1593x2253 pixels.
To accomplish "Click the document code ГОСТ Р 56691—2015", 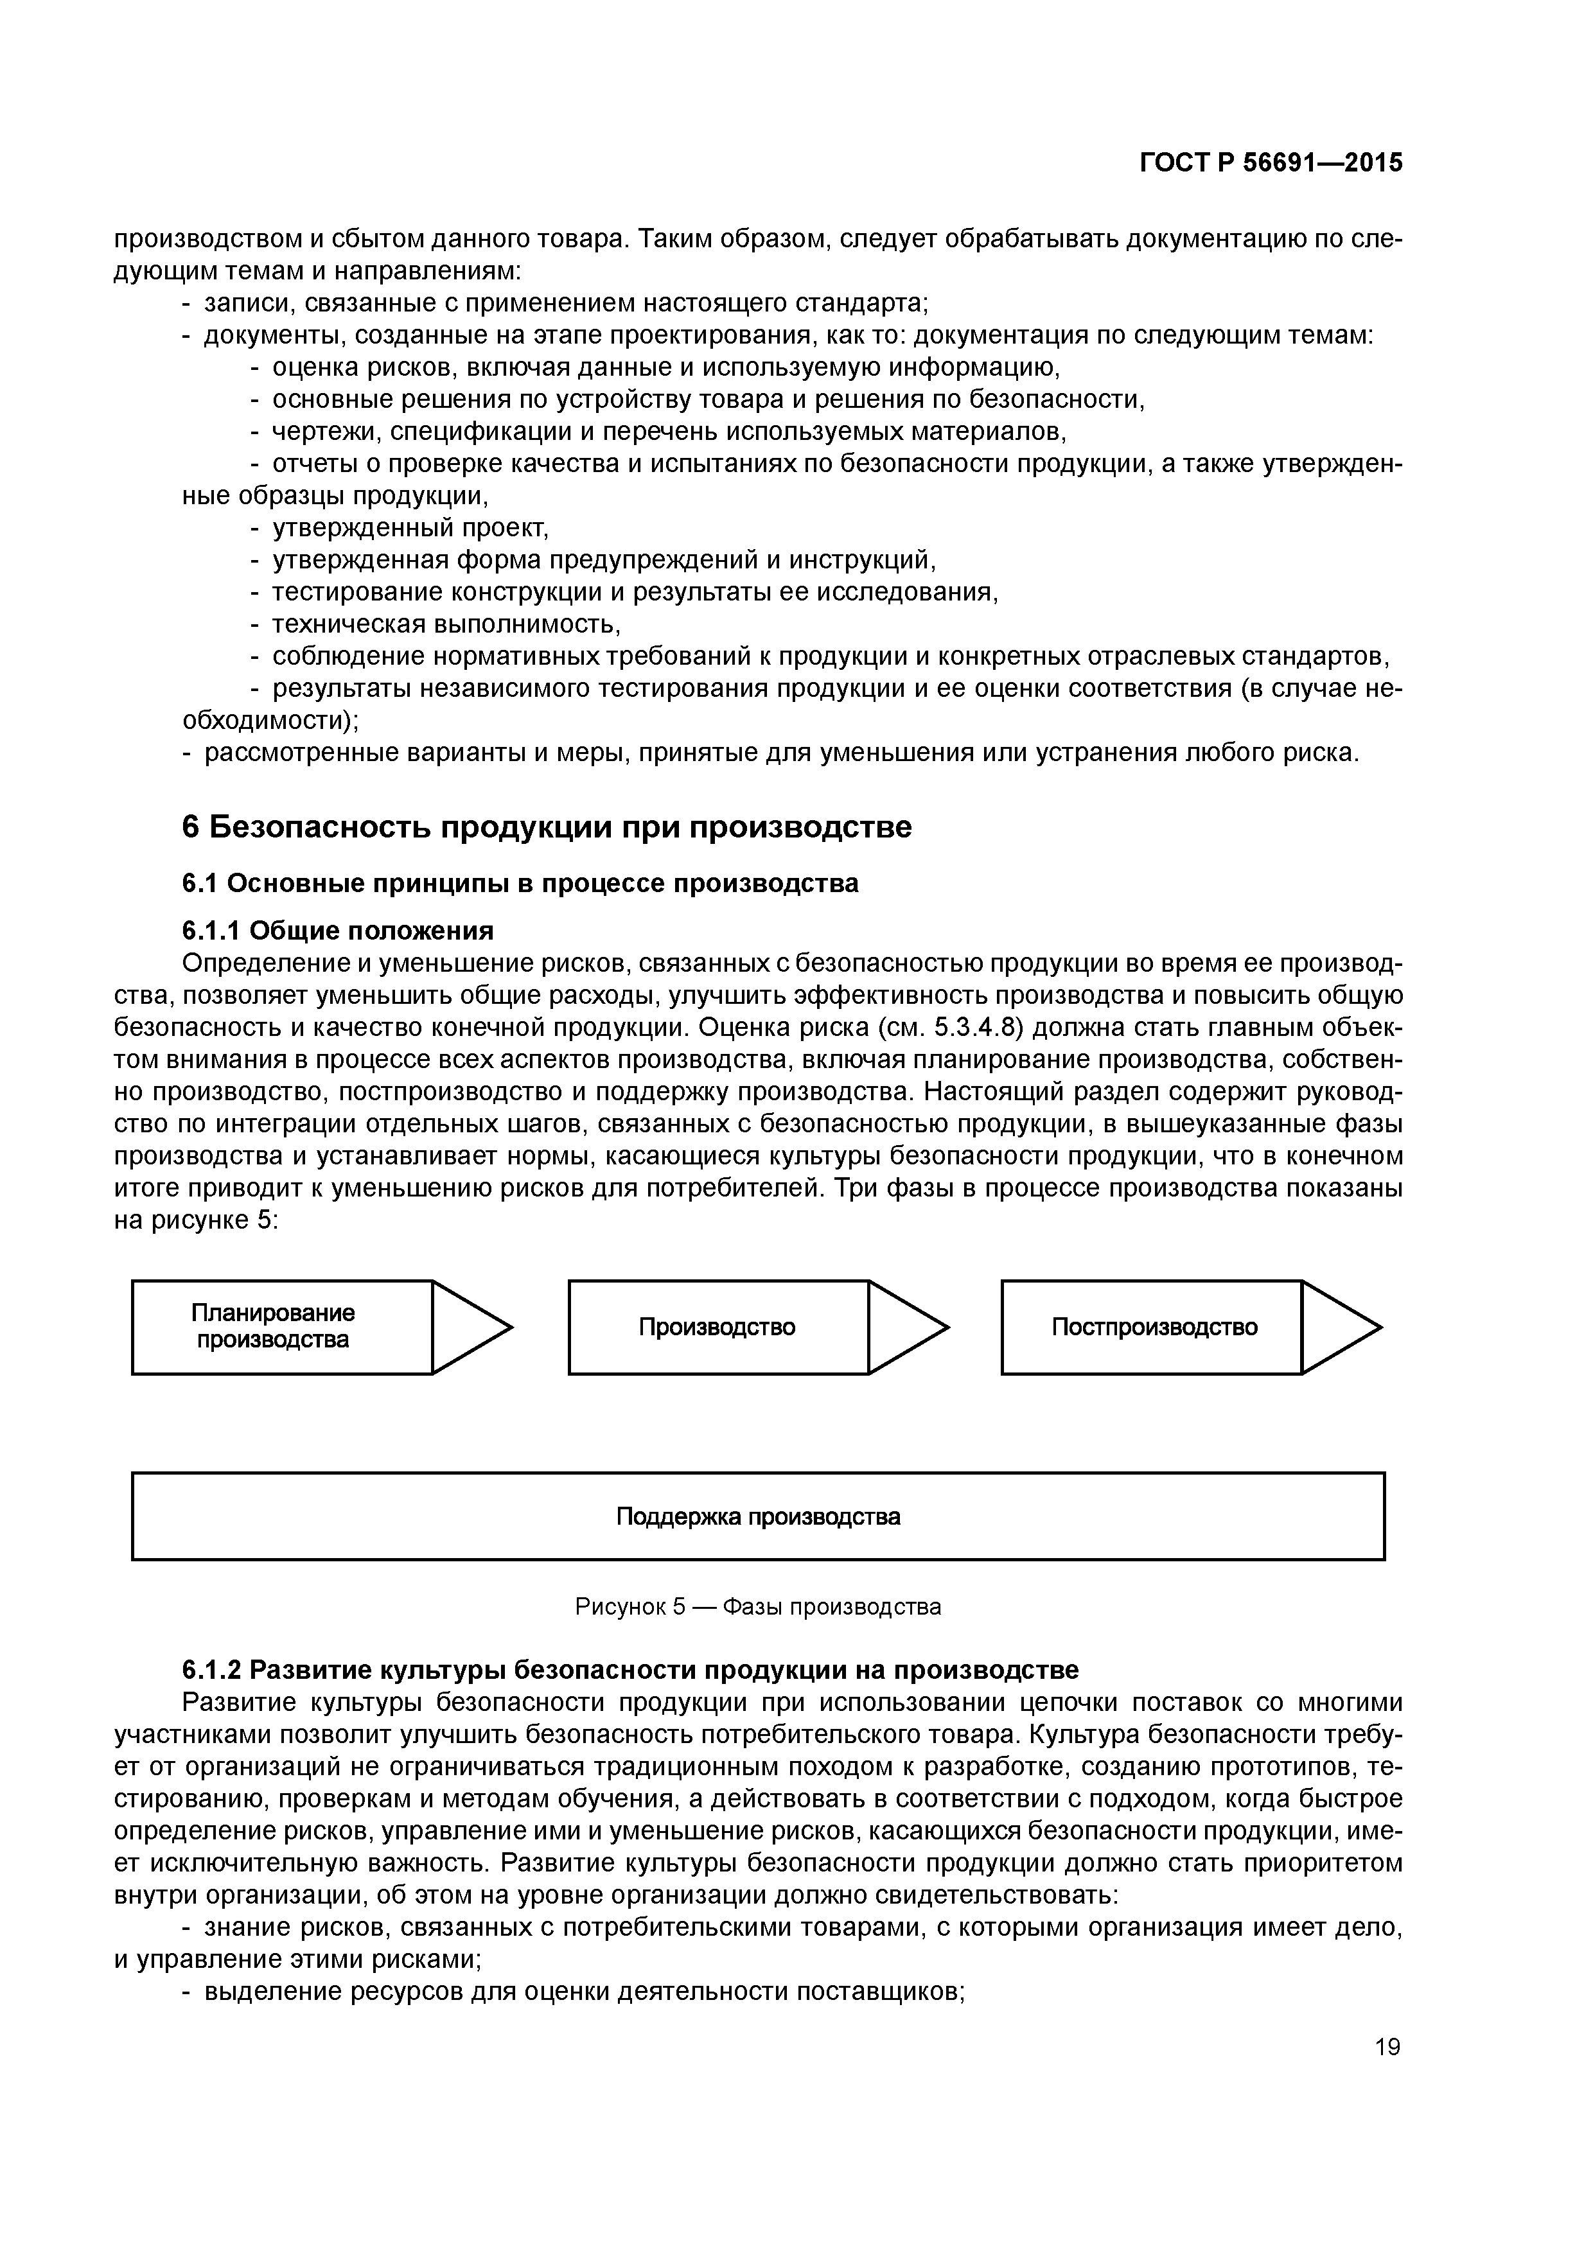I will point(1271,163).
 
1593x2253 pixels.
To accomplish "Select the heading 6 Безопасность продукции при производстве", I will point(547,827).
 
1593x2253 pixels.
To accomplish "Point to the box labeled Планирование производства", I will point(282,1327).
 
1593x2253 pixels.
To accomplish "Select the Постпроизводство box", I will point(1152,1327).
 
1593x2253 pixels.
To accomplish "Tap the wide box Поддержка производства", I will point(758,1516).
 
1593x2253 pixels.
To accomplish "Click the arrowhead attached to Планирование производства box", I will point(469,1327).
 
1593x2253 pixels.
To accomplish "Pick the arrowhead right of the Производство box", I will point(905,1327).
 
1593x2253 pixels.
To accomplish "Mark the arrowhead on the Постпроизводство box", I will point(1338,1327).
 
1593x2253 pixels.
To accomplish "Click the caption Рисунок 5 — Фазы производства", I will point(758,1606).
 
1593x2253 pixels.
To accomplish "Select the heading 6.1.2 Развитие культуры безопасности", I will point(630,1669).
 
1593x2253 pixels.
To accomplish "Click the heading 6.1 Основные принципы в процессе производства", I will point(520,883).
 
